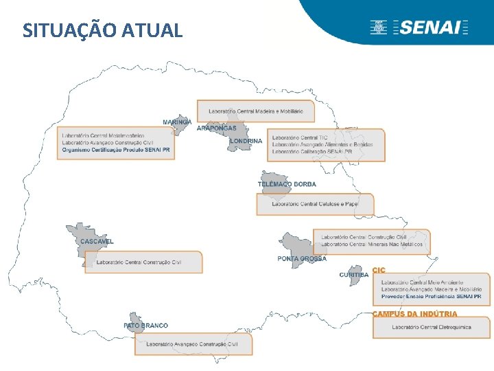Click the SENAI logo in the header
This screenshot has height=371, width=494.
tap(419, 27)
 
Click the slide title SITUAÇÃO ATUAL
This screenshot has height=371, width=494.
tap(102, 31)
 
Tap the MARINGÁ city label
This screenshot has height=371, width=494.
tap(177, 122)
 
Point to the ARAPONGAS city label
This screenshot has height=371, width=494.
tap(216, 128)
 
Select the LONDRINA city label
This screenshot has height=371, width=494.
tap(246, 142)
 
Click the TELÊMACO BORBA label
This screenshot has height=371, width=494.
tap(287, 185)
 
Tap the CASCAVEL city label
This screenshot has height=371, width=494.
tap(97, 242)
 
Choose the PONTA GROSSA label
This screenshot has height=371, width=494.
tap(302, 259)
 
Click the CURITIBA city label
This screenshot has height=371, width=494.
tap(353, 276)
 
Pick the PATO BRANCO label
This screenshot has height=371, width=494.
tap(145, 326)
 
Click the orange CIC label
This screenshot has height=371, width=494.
tap(379, 270)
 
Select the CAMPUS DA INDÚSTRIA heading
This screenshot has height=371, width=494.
tap(414, 314)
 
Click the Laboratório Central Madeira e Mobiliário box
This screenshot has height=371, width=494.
tap(255, 111)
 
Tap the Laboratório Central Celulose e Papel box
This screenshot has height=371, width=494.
tap(315, 204)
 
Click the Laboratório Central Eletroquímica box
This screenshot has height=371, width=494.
tap(432, 327)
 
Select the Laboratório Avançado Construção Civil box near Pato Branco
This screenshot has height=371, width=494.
tap(193, 344)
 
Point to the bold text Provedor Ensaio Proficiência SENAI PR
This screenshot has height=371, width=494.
tap(432, 296)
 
